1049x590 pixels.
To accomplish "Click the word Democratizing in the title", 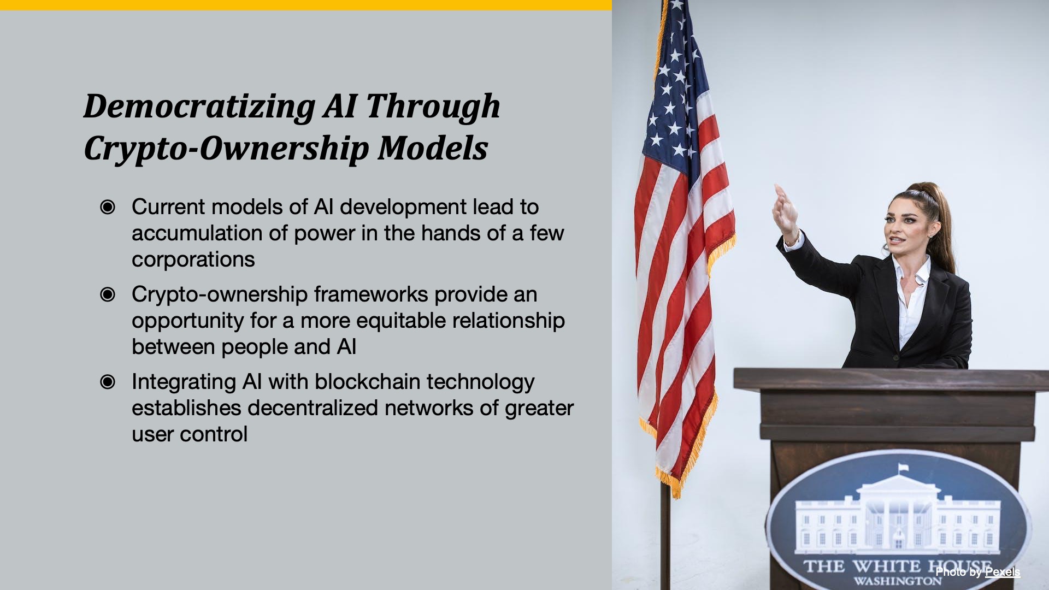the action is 199,107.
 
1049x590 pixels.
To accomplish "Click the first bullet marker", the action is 108,207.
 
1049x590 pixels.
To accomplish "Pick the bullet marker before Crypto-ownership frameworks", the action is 108,294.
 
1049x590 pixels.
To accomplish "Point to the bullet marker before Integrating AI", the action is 108,382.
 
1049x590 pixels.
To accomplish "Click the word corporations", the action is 193,260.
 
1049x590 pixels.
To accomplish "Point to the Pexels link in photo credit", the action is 1003,572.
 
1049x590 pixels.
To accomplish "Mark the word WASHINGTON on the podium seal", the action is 898,581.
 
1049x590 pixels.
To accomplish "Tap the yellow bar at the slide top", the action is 306,5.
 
